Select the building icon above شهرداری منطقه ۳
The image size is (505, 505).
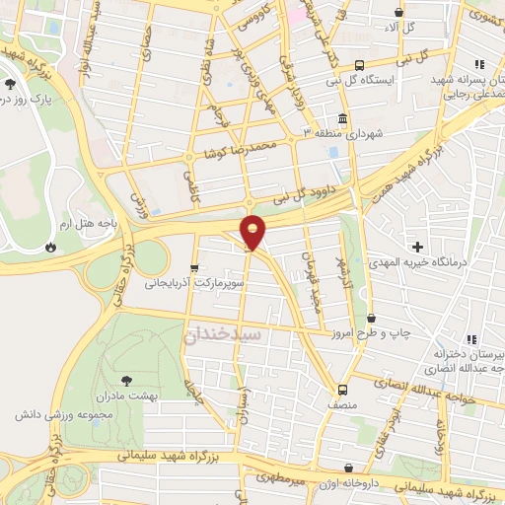pyautogui.click(x=342, y=118)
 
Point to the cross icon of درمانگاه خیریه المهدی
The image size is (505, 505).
pyautogui.click(x=419, y=246)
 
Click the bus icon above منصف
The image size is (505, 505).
pyautogui.click(x=342, y=390)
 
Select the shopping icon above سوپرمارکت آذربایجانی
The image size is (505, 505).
pyautogui.click(x=193, y=266)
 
